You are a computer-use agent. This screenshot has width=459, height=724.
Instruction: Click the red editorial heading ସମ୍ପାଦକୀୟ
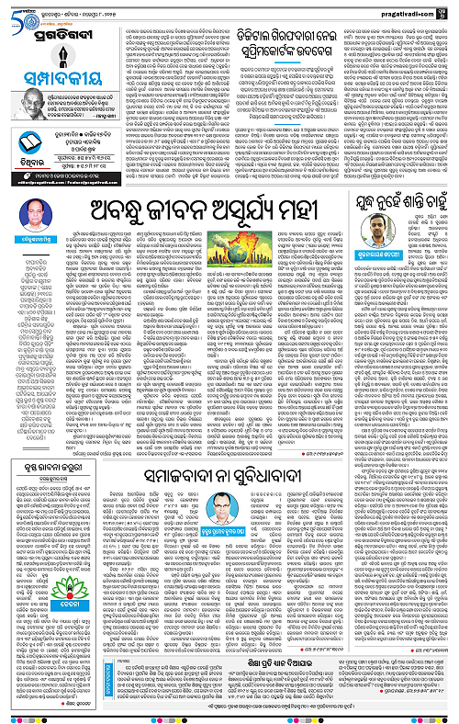click(x=60, y=74)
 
